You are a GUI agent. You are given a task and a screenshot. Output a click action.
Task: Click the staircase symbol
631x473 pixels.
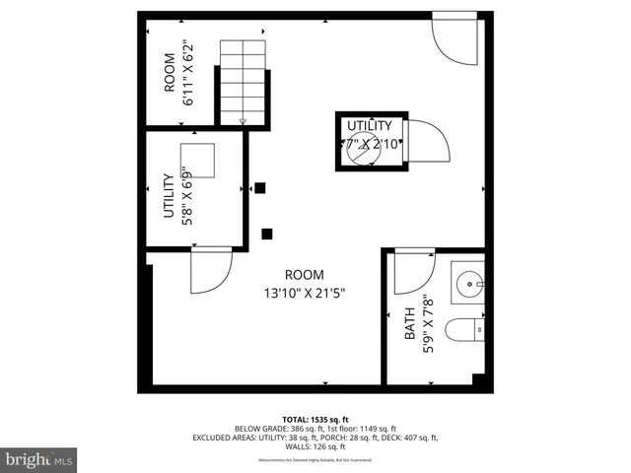(x=243, y=83)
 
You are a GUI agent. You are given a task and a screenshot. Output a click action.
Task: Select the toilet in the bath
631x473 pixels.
(x=462, y=330)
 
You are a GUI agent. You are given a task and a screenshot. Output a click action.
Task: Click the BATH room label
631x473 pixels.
(x=409, y=325)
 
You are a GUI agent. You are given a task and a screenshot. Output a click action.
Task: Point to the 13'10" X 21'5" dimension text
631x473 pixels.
(x=304, y=293)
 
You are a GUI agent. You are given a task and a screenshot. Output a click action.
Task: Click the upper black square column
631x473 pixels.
(x=260, y=188)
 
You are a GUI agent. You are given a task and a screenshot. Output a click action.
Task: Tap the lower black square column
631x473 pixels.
(x=267, y=234)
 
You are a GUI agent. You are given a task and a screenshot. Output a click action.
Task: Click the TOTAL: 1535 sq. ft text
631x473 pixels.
(x=315, y=419)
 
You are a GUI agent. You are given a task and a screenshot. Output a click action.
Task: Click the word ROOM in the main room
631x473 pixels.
(x=304, y=275)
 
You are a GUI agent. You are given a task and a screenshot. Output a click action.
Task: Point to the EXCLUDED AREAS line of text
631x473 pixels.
(x=315, y=438)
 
